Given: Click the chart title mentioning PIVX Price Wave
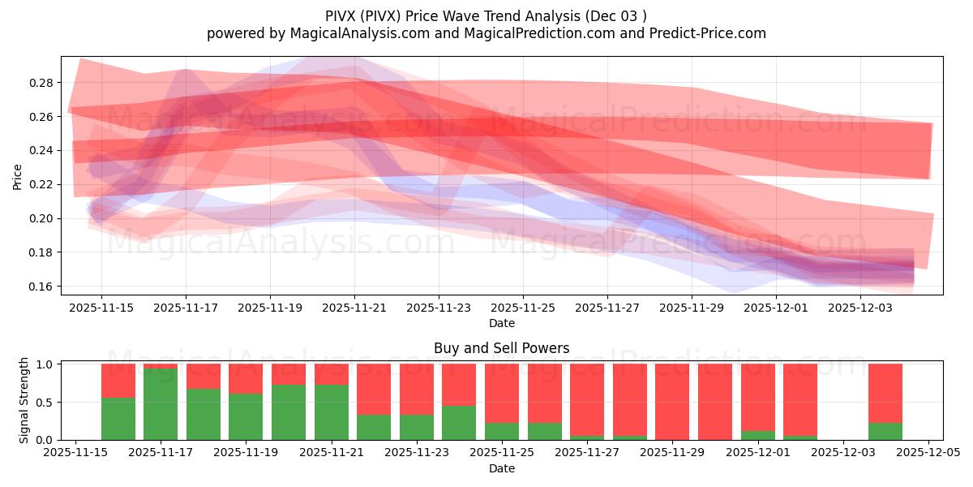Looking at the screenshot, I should tap(486, 16).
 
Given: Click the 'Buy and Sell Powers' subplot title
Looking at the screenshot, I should tap(501, 348).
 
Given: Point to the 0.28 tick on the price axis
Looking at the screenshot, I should tap(43, 83).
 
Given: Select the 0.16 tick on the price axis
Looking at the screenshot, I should tap(43, 287).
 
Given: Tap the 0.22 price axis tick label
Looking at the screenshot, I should tap(43, 184).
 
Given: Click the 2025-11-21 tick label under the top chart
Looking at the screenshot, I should tap(354, 308).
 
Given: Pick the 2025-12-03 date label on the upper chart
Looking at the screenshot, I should tap(860, 308).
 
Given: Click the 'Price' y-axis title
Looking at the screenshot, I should tap(18, 176).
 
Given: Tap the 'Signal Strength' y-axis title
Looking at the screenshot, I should tap(24, 400).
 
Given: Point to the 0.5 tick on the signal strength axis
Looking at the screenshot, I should tap(46, 402).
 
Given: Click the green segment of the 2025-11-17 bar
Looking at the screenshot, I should tap(161, 404).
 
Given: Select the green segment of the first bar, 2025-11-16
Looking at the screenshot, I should tap(118, 419).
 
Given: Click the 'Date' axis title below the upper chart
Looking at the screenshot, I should tap(501, 323).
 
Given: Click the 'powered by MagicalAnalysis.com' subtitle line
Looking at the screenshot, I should tap(486, 33).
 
